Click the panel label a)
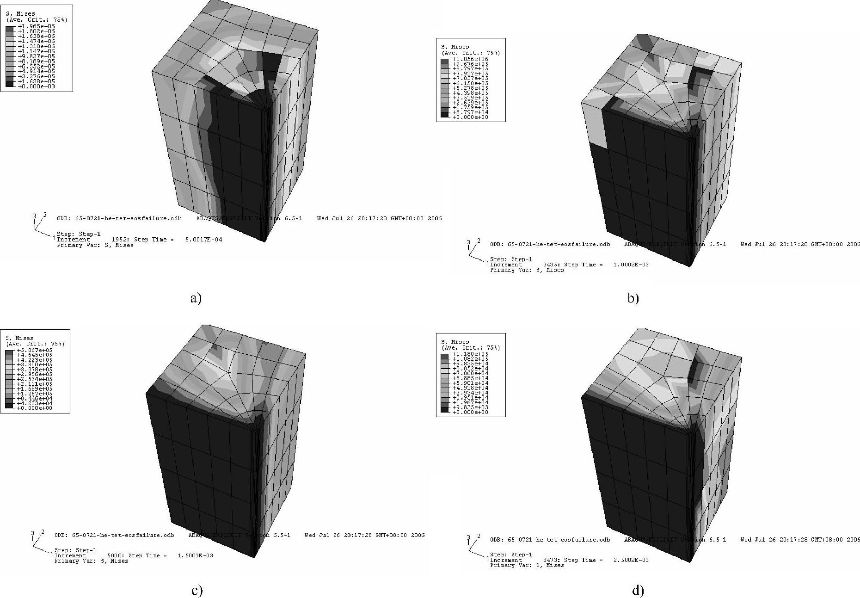pos(196,298)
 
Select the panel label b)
pos(633,298)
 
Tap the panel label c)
pos(197,591)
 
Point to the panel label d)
pos(637,591)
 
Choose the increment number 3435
pos(551,265)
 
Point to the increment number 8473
pos(551,560)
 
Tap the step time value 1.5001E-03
pos(195,555)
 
